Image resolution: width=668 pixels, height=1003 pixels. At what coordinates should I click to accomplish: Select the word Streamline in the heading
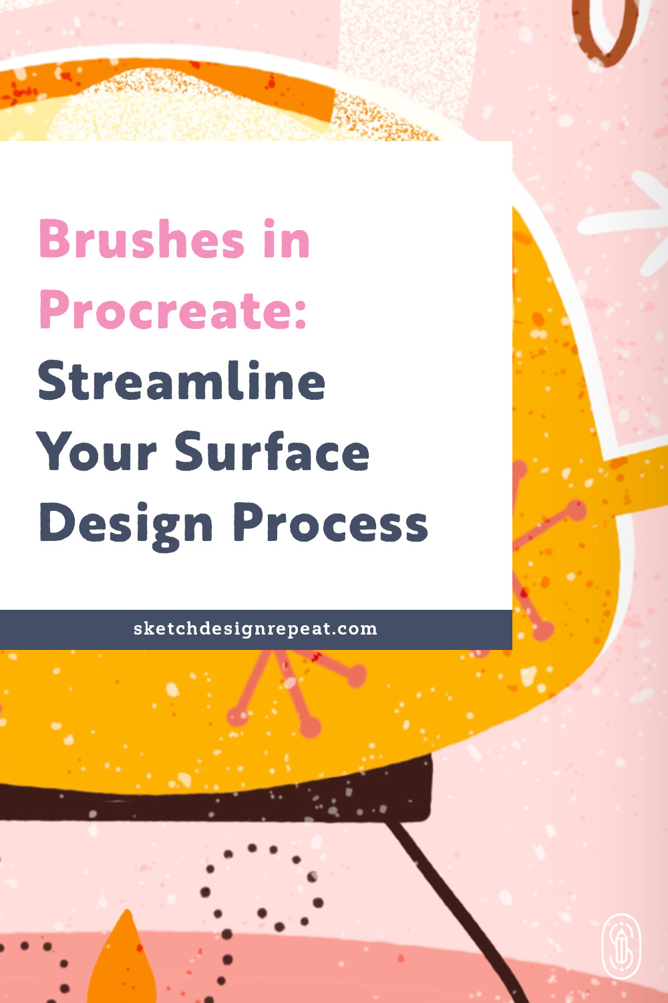click(x=182, y=381)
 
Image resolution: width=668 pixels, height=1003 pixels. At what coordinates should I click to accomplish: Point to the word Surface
click(x=272, y=452)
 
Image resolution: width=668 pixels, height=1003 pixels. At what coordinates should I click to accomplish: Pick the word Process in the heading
click(x=331, y=523)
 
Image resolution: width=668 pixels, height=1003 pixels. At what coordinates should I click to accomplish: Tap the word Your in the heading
click(x=97, y=452)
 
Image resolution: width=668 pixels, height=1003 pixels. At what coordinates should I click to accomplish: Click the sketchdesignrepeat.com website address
click(x=255, y=629)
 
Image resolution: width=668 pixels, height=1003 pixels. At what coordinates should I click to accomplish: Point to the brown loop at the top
click(x=605, y=30)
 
